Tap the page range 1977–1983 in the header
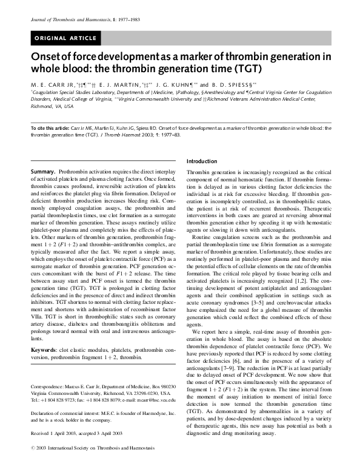(127, 20)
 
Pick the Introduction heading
(202, 161)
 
